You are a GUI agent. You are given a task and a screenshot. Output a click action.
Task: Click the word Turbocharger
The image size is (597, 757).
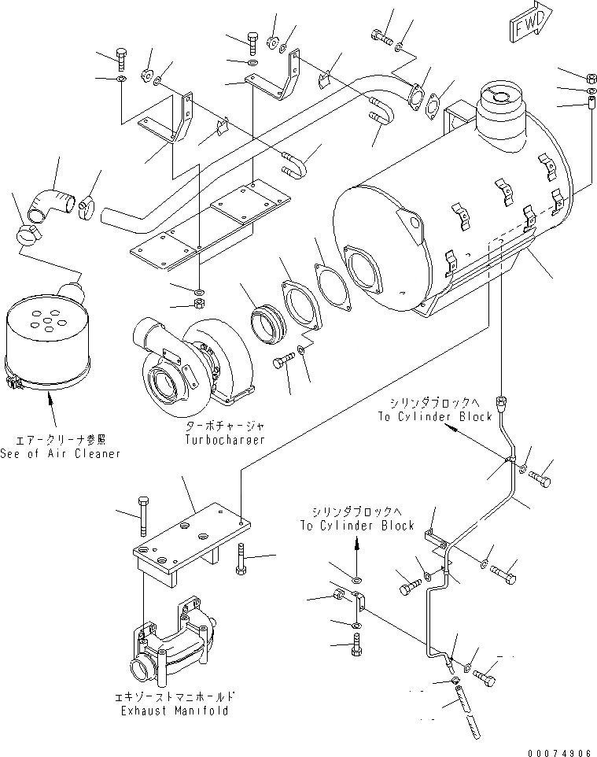pyautogui.click(x=226, y=440)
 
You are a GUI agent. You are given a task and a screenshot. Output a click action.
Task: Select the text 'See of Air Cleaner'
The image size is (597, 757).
pyautogui.click(x=61, y=453)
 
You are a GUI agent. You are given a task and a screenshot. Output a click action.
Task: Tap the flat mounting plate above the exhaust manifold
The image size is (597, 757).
pyautogui.click(x=189, y=535)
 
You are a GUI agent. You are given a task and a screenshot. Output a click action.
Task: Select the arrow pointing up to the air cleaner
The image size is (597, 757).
pyautogui.click(x=51, y=409)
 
